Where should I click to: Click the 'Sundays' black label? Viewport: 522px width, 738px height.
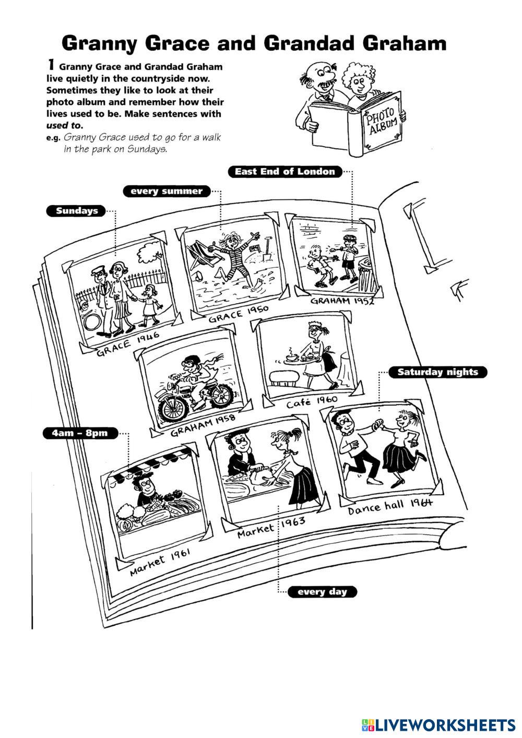tap(76, 211)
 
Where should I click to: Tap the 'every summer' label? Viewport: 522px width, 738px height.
tap(167, 191)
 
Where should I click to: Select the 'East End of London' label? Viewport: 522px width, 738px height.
tap(285, 172)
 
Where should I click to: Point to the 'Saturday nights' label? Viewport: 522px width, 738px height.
tap(437, 372)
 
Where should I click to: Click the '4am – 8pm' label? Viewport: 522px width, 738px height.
tap(80, 433)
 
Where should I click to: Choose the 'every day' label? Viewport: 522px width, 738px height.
tap(322, 592)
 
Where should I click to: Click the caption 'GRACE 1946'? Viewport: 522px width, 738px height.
tap(128, 344)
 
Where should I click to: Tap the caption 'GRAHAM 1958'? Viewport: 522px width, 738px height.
tap(203, 425)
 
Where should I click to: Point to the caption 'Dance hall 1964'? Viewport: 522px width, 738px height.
tap(390, 507)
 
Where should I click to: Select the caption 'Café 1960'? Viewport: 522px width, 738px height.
tap(312, 401)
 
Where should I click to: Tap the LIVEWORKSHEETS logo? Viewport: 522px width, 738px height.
tap(438, 724)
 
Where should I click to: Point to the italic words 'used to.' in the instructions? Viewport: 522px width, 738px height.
tap(65, 126)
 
